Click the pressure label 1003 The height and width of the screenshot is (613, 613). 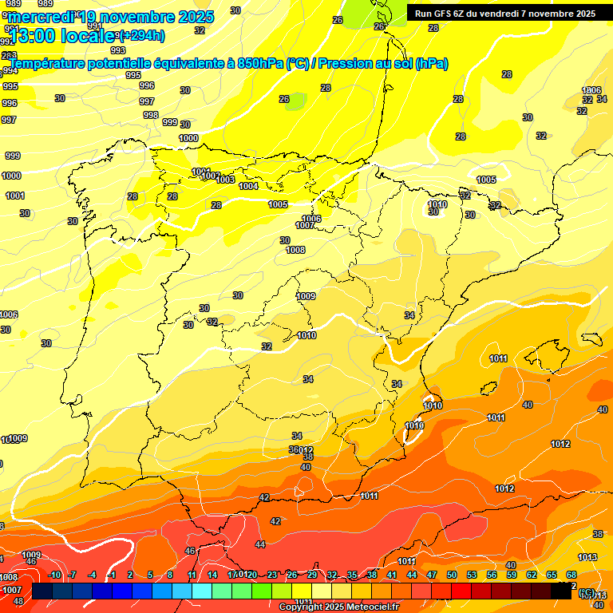point(225,180)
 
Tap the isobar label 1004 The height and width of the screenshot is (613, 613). point(248,186)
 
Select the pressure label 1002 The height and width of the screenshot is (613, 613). point(211,176)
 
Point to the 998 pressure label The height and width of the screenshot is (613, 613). point(150,115)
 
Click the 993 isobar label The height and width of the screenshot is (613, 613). point(118,50)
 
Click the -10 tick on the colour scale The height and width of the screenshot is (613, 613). point(55,575)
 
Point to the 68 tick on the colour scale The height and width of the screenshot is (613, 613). point(571,575)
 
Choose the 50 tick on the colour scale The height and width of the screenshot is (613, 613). point(452,575)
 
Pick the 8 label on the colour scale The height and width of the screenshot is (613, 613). point(170,575)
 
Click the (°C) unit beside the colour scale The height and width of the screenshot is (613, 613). point(587,591)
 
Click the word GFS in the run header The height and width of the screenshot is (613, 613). point(444,14)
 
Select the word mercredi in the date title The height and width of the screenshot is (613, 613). point(40,16)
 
